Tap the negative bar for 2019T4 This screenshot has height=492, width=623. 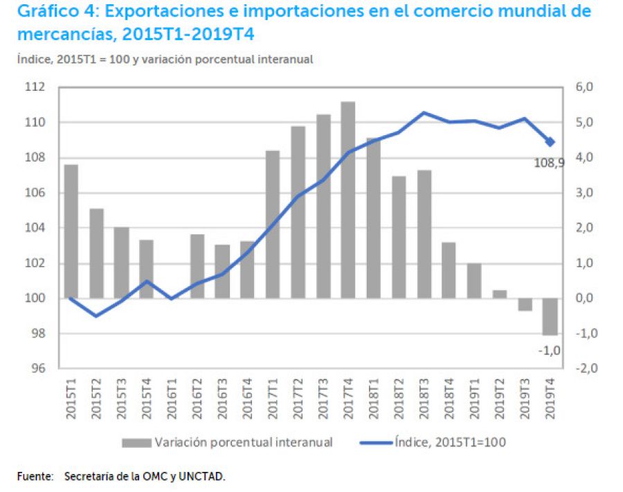pyautogui.click(x=550, y=317)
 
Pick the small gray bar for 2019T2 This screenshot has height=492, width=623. pyautogui.click(x=500, y=294)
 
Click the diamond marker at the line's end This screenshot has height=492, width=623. pyautogui.click(x=550, y=142)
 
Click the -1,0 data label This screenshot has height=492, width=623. pyautogui.click(x=549, y=351)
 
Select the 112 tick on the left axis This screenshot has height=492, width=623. pyautogui.click(x=35, y=87)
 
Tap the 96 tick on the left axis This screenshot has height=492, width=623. pyautogui.click(x=38, y=369)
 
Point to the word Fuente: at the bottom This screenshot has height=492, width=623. pyautogui.click(x=35, y=477)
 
